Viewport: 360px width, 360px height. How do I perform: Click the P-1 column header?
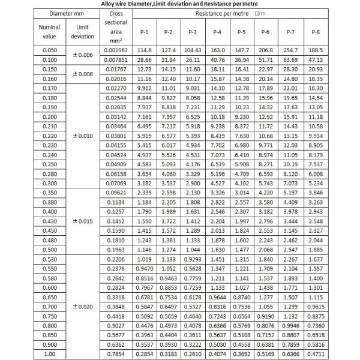(x=143, y=31)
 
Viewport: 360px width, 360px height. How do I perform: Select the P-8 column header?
(x=316, y=31)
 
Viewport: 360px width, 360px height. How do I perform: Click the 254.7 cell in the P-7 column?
(x=291, y=50)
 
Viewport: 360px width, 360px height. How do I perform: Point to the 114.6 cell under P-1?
(x=143, y=50)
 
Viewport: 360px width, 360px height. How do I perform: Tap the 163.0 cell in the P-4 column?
(x=217, y=50)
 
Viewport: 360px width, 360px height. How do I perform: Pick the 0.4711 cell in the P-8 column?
(x=316, y=353)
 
